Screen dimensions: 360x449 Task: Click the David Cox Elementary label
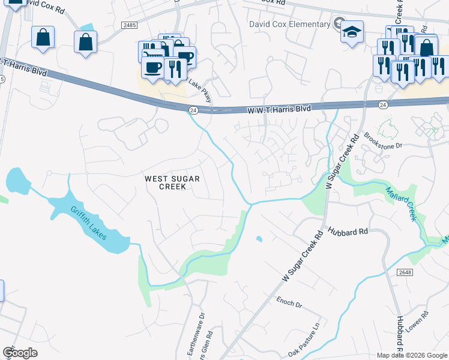(x=290, y=24)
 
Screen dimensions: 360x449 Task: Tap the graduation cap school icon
(x=352, y=32)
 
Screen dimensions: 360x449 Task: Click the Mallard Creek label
(x=400, y=203)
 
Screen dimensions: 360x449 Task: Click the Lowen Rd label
(x=426, y=323)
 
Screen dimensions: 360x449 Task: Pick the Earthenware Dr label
(x=202, y=333)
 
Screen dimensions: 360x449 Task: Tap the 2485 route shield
(x=128, y=25)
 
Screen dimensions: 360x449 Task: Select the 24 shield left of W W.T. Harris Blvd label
(x=193, y=110)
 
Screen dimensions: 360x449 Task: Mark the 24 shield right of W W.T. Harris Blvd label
(x=383, y=105)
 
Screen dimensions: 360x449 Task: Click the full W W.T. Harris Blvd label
(x=279, y=110)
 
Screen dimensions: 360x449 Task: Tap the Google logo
(x=20, y=353)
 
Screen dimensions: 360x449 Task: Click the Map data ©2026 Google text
(x=412, y=355)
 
